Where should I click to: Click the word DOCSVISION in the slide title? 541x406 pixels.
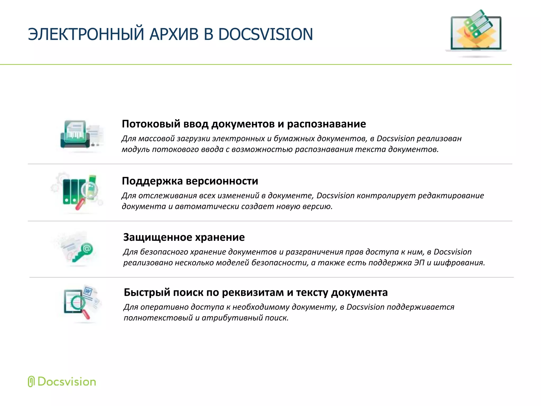(x=265, y=34)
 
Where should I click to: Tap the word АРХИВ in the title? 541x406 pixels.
(x=174, y=34)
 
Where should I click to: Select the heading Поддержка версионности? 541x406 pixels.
(x=190, y=181)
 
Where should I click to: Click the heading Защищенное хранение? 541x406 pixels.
(x=184, y=237)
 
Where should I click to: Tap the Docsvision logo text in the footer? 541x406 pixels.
(x=67, y=382)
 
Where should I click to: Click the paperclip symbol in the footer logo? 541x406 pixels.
(x=31, y=381)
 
